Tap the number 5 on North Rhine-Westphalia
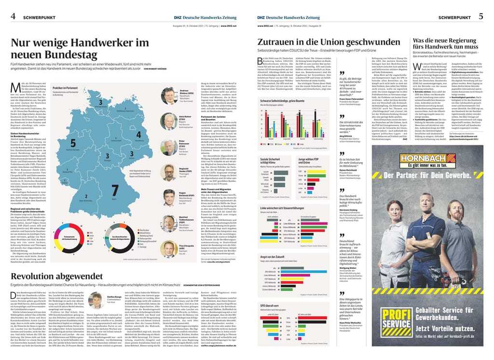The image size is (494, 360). [x=73, y=143]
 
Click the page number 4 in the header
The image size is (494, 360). [x=13, y=16]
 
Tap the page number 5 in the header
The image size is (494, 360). [x=480, y=16]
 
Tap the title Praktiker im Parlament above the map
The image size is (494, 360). [x=66, y=88]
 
